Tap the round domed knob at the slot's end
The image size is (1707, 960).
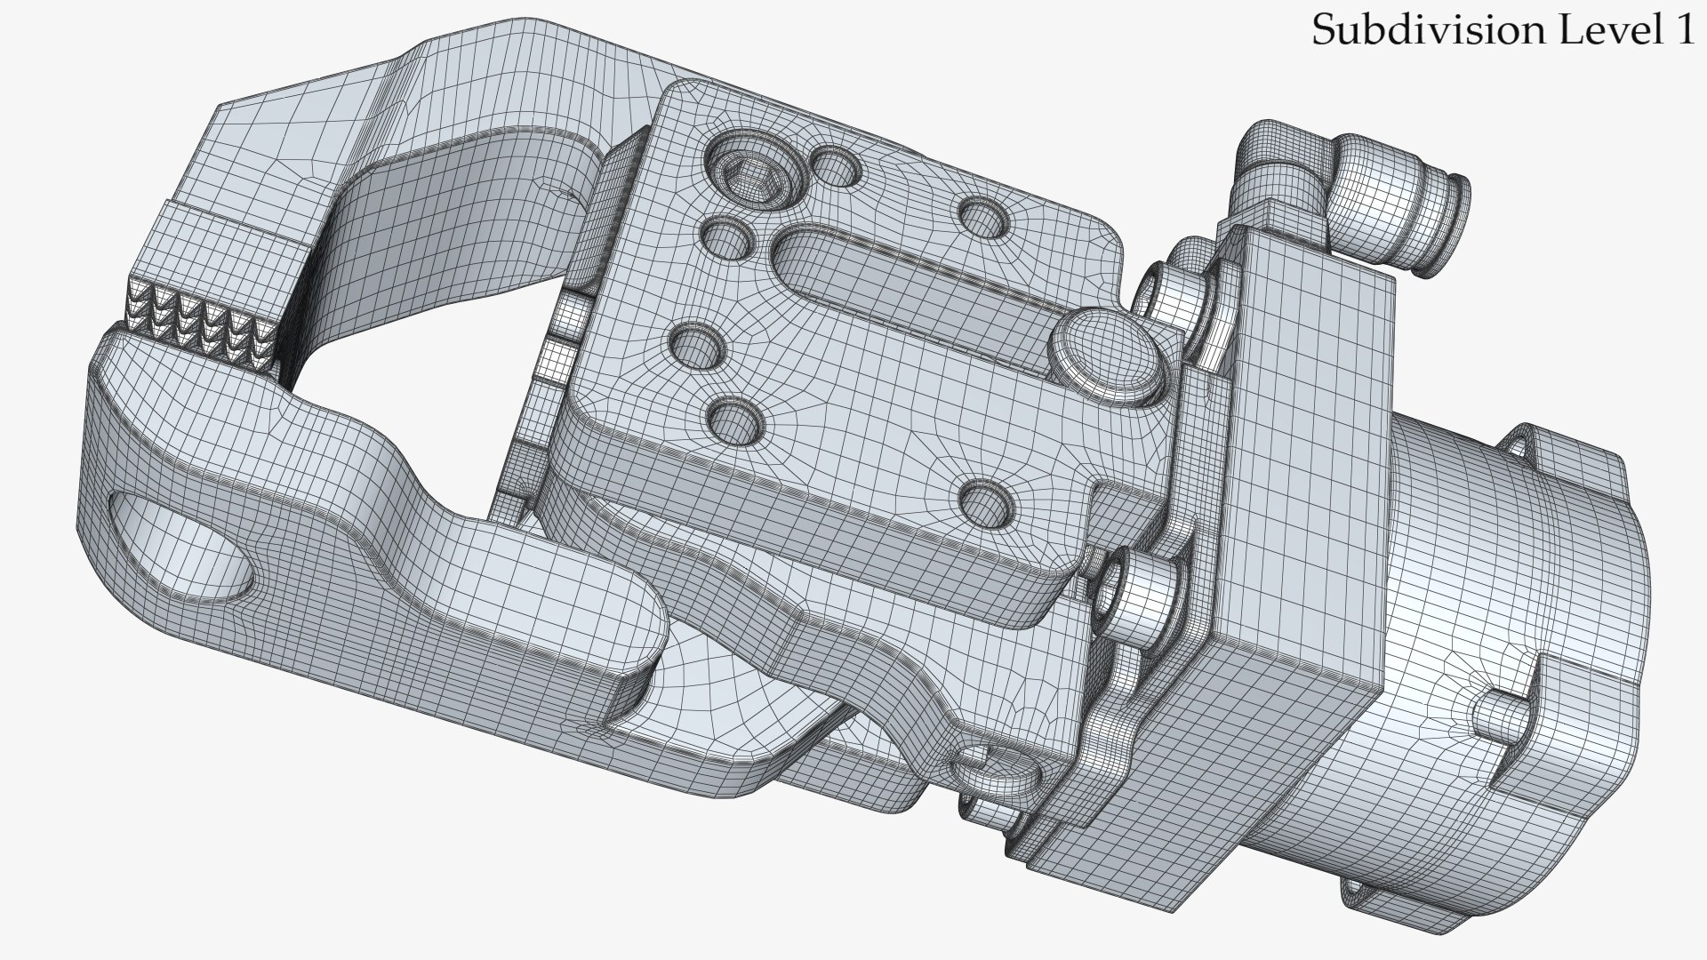pyautogui.click(x=1106, y=356)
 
